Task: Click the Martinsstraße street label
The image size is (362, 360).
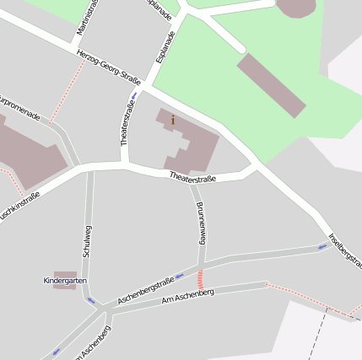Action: pos(82,18)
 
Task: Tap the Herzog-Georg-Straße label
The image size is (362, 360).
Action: pos(108,67)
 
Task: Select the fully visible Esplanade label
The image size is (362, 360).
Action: pos(165,48)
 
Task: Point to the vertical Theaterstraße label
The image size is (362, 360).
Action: pos(127,123)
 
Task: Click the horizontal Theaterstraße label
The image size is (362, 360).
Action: pos(192,178)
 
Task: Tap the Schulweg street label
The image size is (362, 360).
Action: pos(87,242)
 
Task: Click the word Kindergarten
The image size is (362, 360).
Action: pos(65,280)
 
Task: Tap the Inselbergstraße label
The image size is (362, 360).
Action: pos(345,252)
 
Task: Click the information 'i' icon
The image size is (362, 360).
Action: pos(173,121)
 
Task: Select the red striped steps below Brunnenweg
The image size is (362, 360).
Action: pos(200,279)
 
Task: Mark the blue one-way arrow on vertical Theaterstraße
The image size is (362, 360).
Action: pos(133,95)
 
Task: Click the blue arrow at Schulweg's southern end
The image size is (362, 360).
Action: pos(90,300)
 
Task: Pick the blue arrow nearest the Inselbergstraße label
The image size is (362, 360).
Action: pos(321,246)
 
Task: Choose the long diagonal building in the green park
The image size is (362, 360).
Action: pos(271,85)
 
